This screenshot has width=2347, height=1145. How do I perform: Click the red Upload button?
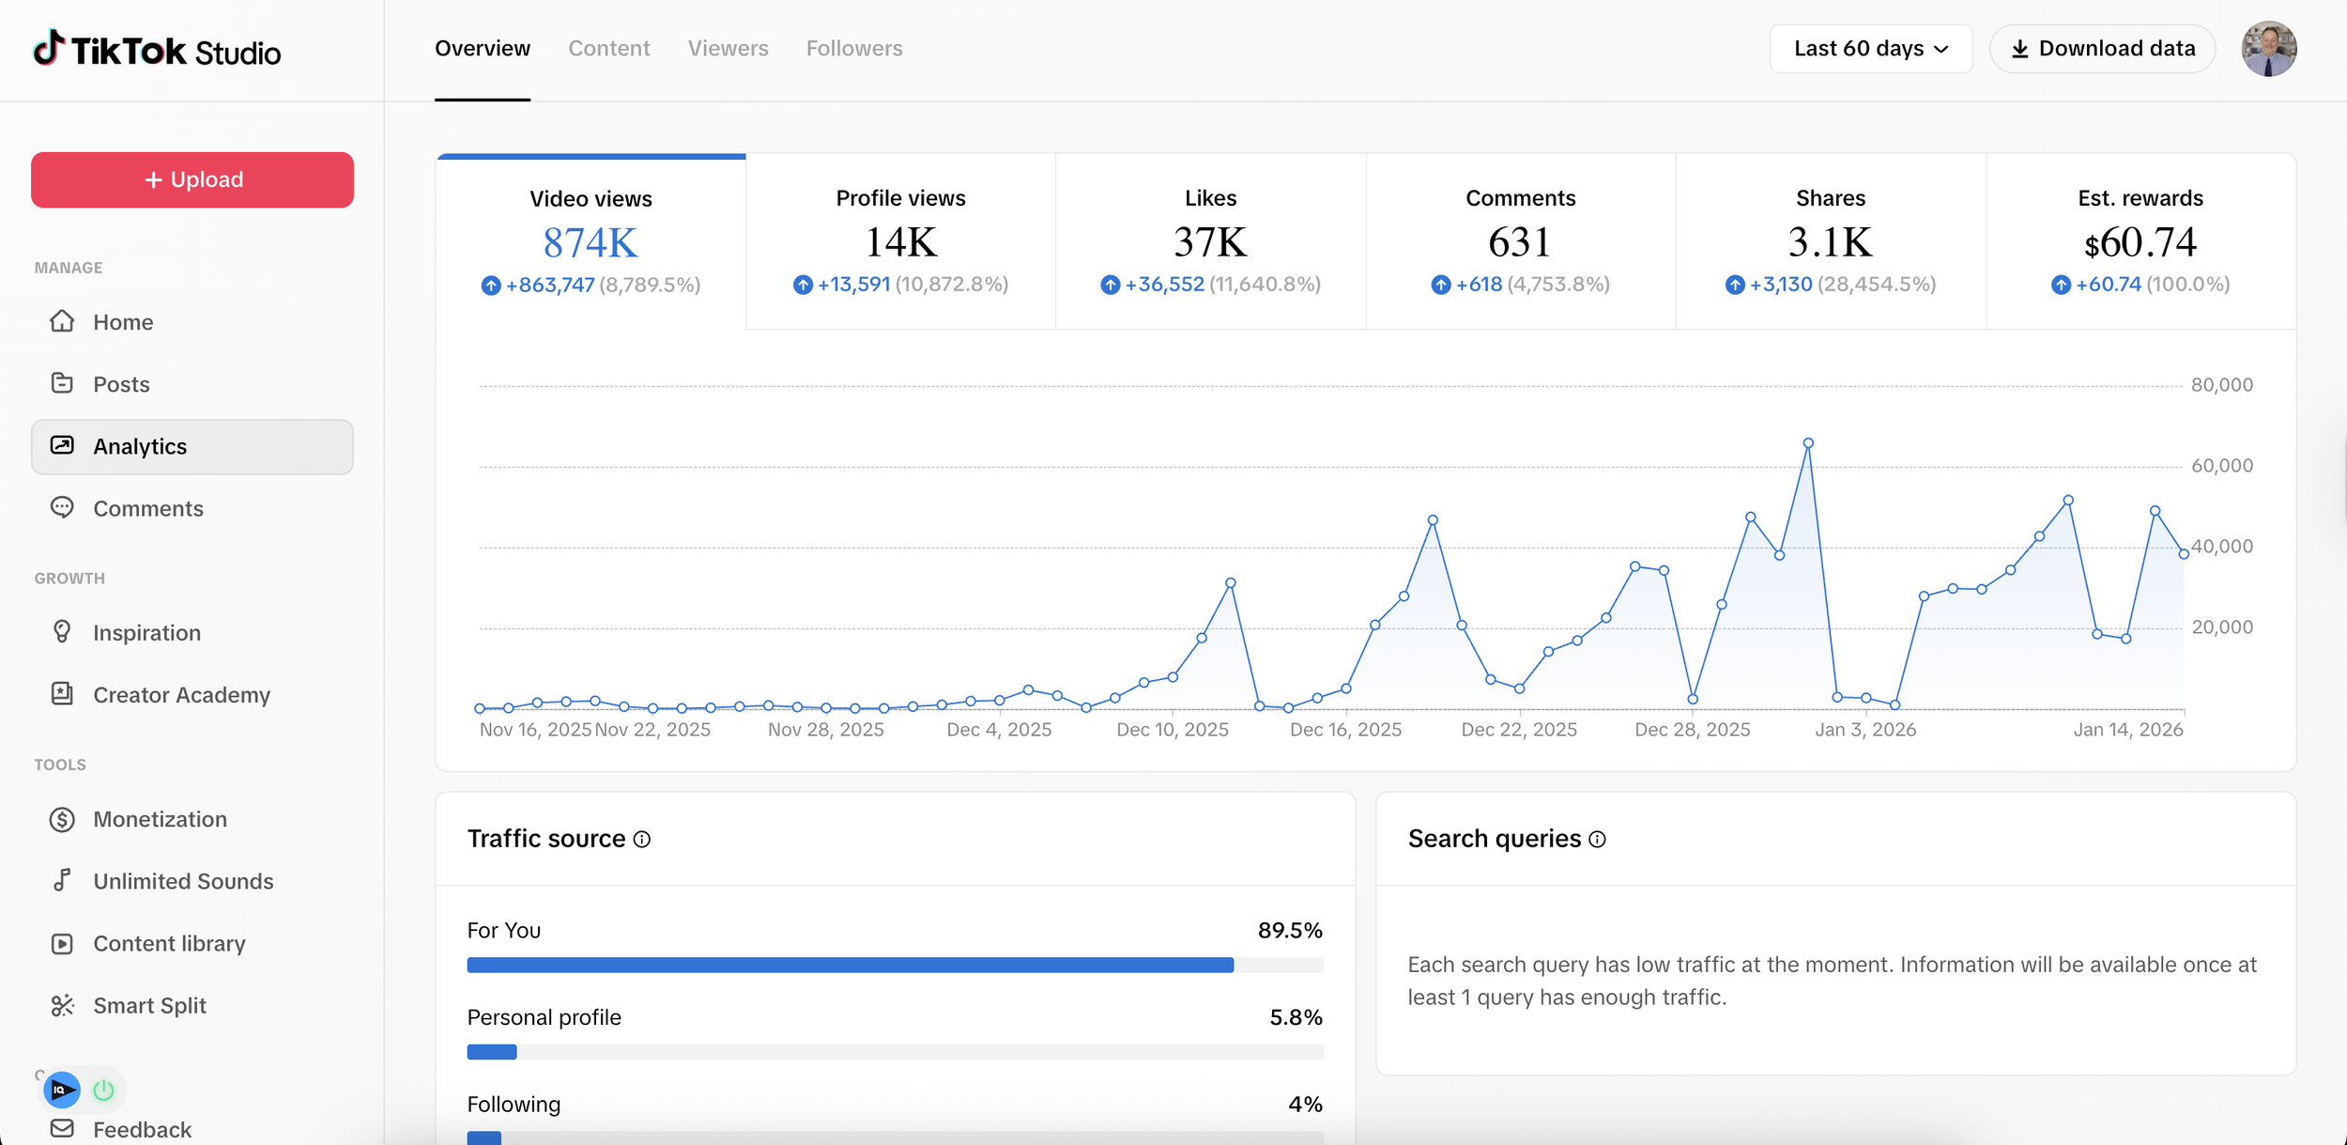point(192,179)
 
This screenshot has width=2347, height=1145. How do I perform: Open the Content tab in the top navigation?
point(608,49)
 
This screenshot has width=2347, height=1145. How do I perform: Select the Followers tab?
point(853,49)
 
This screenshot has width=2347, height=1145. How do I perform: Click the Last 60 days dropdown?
point(1870,49)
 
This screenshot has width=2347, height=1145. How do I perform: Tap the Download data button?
point(2102,49)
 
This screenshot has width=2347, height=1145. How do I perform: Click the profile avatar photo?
point(2268,49)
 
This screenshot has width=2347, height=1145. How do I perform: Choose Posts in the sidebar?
point(121,384)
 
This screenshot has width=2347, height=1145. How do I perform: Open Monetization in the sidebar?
point(160,819)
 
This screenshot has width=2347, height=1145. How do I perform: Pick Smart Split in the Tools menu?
point(149,1005)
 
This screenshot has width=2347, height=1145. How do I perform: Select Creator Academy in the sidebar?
point(181,695)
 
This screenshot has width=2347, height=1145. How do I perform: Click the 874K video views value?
point(591,243)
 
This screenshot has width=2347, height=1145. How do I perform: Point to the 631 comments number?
point(1520,242)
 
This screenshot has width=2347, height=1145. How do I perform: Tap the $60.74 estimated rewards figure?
point(2140,242)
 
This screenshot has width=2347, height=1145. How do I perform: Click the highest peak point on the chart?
point(1808,443)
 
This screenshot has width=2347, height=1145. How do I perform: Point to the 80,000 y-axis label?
point(2221,385)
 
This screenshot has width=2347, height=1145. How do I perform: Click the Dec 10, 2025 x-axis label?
point(1172,730)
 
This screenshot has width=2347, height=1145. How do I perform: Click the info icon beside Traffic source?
point(642,840)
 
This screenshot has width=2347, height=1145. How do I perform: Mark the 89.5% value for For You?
point(1289,931)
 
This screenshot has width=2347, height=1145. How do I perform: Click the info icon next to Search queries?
point(1597,840)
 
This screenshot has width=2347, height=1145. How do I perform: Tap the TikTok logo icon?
point(49,48)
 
